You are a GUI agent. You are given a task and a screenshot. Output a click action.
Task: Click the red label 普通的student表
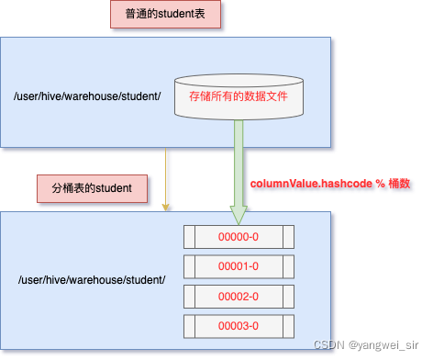(163, 16)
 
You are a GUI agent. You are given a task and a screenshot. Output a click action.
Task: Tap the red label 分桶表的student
(92, 188)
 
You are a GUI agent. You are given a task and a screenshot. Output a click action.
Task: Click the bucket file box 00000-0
(239, 237)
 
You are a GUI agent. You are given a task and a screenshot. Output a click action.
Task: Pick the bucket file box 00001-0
(239, 267)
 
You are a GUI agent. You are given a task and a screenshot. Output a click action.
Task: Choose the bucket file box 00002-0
(239, 297)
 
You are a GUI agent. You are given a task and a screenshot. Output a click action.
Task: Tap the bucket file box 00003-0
(239, 326)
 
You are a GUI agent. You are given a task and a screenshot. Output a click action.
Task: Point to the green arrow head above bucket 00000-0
(239, 215)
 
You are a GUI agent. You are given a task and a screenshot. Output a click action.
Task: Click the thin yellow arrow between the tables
(165, 179)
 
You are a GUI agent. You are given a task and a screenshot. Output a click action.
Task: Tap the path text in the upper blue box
(87, 96)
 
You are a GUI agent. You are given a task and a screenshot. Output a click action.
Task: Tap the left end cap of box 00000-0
(190, 237)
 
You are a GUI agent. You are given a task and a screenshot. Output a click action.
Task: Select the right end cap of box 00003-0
(287, 326)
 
